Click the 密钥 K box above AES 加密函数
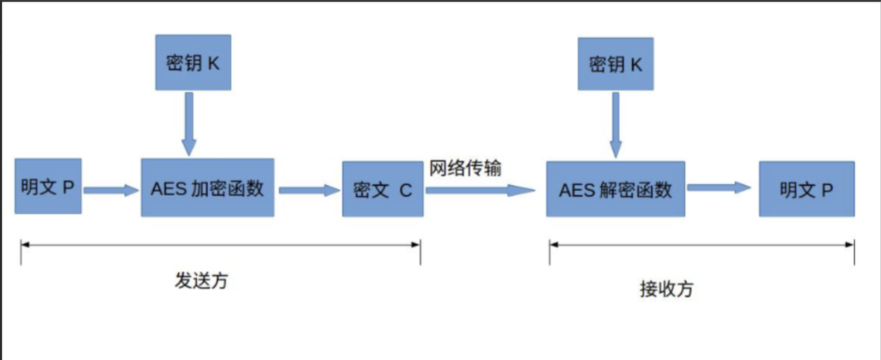pyautogui.click(x=193, y=63)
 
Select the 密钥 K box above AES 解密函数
pyautogui.click(x=615, y=64)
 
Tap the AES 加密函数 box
pyautogui.click(x=207, y=189)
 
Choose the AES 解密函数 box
pyautogui.click(x=615, y=189)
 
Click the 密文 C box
pyautogui.click(x=383, y=190)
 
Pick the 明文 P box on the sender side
pyautogui.click(x=47, y=186)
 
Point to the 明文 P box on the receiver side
pyautogui.click(x=807, y=189)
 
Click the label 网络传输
pyautogui.click(x=465, y=169)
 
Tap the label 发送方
pyautogui.click(x=200, y=281)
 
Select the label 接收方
pyautogui.click(x=666, y=289)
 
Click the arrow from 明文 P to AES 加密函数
pyautogui.click(x=111, y=190)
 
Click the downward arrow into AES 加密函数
pyautogui.click(x=189, y=124)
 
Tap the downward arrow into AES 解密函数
pyautogui.click(x=615, y=125)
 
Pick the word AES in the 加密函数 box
pyautogui.click(x=165, y=189)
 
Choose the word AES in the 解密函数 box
pyautogui.click(x=573, y=190)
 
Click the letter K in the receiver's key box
pyautogui.click(x=635, y=65)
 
